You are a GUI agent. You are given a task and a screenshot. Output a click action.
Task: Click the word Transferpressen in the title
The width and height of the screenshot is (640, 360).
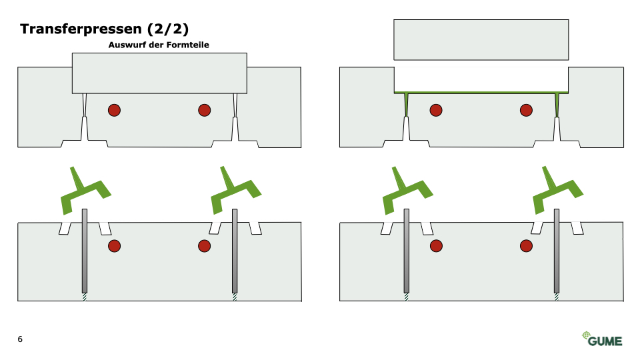pos(81,29)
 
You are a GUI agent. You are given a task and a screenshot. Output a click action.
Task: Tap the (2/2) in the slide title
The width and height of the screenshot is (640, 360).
pos(168,29)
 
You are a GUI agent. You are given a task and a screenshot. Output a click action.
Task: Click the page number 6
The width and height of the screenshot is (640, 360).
pos(20,339)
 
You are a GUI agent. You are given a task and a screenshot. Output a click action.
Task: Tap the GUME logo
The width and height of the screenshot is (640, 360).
pos(602,339)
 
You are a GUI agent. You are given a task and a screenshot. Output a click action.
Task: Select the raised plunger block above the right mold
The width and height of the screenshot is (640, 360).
pos(481,39)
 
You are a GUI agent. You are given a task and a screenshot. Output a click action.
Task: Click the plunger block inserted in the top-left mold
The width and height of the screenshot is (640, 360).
pos(159,73)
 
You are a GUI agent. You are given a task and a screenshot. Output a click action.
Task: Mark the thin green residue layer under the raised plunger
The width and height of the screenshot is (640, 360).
pos(481,93)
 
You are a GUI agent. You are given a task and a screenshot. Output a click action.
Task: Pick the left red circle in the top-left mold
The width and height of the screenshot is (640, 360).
pos(114,110)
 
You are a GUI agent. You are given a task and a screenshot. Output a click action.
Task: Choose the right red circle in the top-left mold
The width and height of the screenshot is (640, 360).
pos(205,110)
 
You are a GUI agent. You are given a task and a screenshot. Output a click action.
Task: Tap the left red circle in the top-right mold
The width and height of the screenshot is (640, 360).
pos(436,110)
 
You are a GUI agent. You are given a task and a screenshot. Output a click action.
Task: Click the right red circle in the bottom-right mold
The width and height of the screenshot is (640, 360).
pos(526,246)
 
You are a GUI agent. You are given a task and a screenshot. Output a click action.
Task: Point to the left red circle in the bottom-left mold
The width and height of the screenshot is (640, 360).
pos(114,246)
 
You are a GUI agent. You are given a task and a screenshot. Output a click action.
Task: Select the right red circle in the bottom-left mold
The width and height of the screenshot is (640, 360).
pos(205,246)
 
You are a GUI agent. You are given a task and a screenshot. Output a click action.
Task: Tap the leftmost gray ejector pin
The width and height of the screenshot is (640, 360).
pos(85,251)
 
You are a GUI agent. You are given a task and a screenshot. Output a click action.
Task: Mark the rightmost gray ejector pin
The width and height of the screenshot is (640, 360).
pos(556,251)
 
